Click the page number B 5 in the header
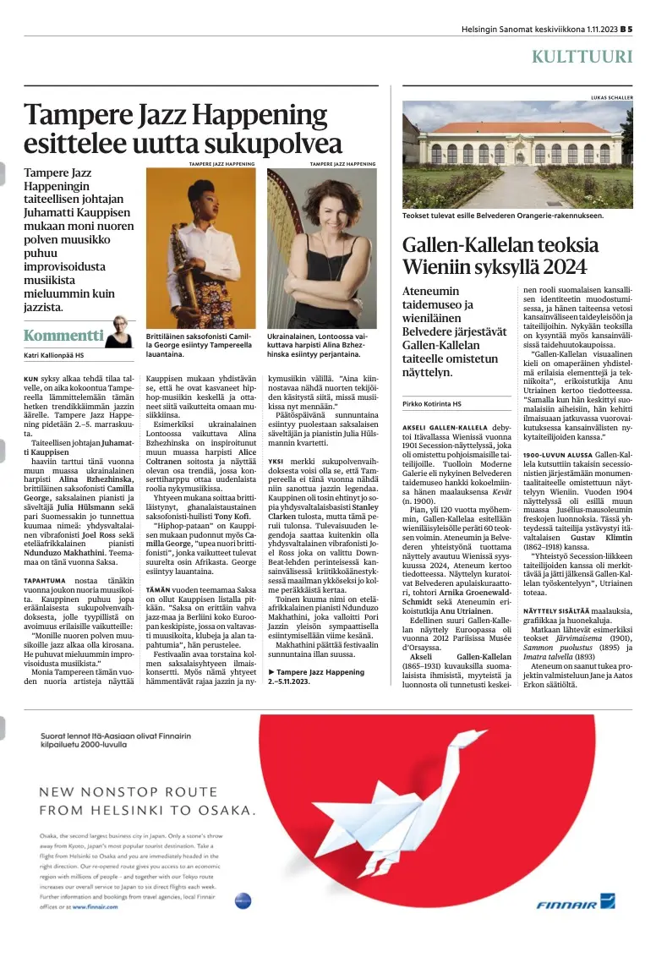[x=626, y=28]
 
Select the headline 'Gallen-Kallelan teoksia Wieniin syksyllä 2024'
[x=494, y=256]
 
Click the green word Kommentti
[x=63, y=334]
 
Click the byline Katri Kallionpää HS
[x=53, y=354]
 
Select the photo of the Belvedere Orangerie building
[x=517, y=156]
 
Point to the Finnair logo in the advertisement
[x=575, y=904]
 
